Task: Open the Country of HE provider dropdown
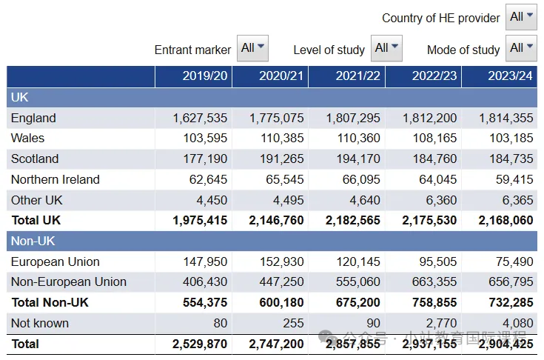click(521, 17)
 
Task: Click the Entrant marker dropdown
click(252, 48)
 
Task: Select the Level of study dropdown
click(386, 48)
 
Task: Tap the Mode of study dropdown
click(521, 48)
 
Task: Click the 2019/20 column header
click(205, 76)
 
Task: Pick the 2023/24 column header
click(511, 76)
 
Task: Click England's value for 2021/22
click(353, 118)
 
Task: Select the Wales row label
click(28, 139)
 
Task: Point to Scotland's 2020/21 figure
click(282, 159)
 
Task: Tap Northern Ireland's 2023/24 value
click(514, 179)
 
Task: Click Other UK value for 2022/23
click(441, 200)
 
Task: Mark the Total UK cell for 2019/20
click(200, 221)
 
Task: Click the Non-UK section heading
click(33, 241)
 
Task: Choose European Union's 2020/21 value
click(282, 261)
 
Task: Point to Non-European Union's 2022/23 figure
click(434, 282)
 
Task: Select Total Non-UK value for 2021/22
click(358, 302)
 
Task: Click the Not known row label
click(40, 323)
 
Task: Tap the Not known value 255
click(293, 323)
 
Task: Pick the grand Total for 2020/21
click(276, 344)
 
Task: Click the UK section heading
click(19, 97)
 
